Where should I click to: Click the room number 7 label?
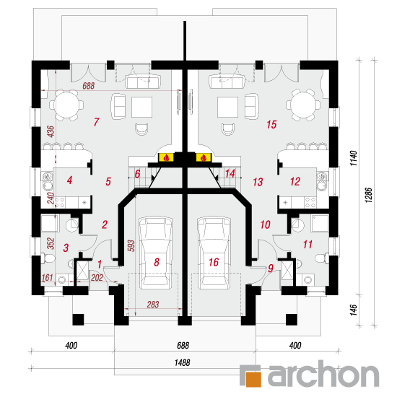(x=96, y=122)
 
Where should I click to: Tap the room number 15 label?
(x=271, y=124)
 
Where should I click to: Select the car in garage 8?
(x=155, y=253)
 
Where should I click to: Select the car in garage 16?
(x=214, y=253)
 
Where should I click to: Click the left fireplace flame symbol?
(x=166, y=158)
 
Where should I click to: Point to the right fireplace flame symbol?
(x=203, y=158)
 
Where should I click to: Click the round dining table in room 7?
(x=66, y=105)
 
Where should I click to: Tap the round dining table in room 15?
(x=303, y=105)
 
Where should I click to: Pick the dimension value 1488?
(x=183, y=362)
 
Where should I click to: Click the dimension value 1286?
(x=369, y=195)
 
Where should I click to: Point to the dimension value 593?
(x=131, y=245)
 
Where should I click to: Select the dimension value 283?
(x=153, y=304)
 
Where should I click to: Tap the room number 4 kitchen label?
(x=69, y=180)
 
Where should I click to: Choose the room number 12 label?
(x=295, y=181)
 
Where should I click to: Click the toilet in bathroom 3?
(x=48, y=258)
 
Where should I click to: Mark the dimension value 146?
(x=354, y=310)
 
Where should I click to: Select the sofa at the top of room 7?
(x=143, y=82)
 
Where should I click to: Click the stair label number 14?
(x=230, y=174)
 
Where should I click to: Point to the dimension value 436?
(x=51, y=131)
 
